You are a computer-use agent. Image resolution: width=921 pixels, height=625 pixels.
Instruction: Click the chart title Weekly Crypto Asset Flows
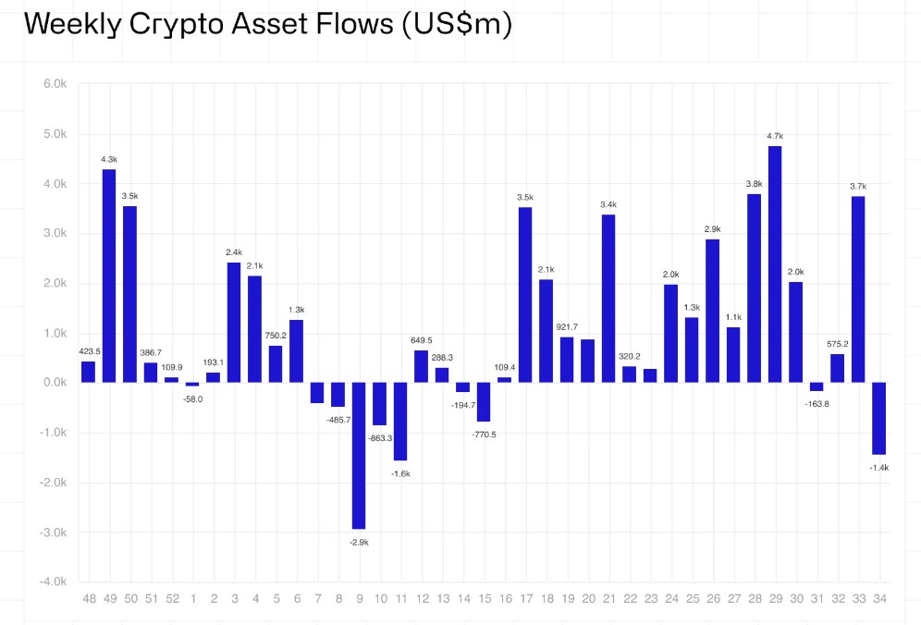coord(267,24)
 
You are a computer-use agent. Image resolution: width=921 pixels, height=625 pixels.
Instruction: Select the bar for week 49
coord(109,276)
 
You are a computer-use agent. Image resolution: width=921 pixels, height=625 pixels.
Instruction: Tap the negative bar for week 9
coord(359,455)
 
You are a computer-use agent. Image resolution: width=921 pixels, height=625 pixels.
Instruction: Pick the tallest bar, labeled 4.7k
coord(775,263)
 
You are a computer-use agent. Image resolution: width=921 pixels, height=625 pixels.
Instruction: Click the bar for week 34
coord(878,418)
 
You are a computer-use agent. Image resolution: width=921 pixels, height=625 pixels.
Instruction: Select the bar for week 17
coord(525,294)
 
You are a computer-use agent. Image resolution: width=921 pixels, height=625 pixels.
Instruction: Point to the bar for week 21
coord(608,298)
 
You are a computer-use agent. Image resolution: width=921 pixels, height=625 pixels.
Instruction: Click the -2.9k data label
coord(359,542)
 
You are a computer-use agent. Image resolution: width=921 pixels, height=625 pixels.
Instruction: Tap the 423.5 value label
coord(88,350)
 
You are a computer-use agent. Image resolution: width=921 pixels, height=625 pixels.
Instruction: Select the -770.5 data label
coord(484,434)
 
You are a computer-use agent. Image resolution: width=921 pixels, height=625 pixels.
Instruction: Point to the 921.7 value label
coord(567,327)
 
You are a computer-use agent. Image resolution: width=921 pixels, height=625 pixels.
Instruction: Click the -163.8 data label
coord(817,403)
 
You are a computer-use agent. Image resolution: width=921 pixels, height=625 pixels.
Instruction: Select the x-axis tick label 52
coord(171,599)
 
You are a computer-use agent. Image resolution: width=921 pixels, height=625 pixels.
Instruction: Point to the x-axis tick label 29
coord(775,599)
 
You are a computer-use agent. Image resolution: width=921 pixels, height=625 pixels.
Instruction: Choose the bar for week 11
coord(400,421)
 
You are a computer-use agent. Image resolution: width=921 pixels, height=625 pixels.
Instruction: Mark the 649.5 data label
coord(421,340)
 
